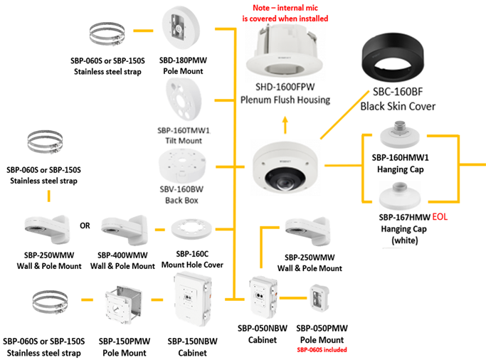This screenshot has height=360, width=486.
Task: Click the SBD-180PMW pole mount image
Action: (x=184, y=29)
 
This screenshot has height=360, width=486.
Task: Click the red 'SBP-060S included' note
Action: (x=322, y=351)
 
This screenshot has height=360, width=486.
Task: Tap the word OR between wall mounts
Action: (x=85, y=226)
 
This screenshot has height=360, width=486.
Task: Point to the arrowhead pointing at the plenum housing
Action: (x=284, y=122)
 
